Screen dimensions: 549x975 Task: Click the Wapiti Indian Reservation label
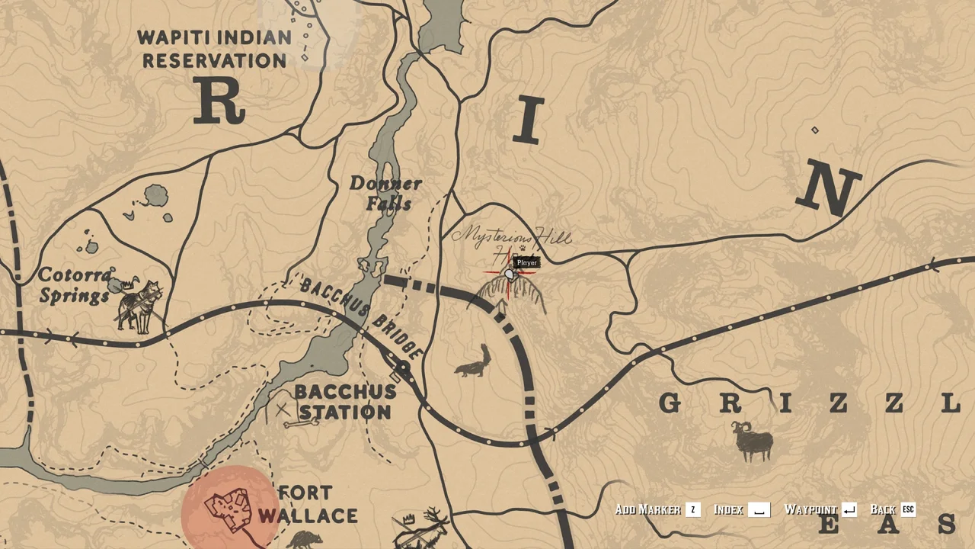(215, 49)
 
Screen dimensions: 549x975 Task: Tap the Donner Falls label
(385, 194)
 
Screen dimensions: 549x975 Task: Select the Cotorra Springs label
(75, 285)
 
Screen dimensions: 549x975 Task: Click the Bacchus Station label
(345, 402)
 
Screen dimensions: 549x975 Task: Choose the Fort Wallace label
(307, 504)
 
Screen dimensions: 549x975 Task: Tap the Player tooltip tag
(526, 263)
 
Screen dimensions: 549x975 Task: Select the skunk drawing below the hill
(473, 361)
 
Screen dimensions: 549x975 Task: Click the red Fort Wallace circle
(230, 507)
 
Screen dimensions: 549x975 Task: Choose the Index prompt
(729, 510)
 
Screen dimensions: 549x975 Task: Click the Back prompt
(882, 510)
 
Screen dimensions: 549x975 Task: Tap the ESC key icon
(908, 510)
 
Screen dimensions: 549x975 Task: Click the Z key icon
(692, 510)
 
